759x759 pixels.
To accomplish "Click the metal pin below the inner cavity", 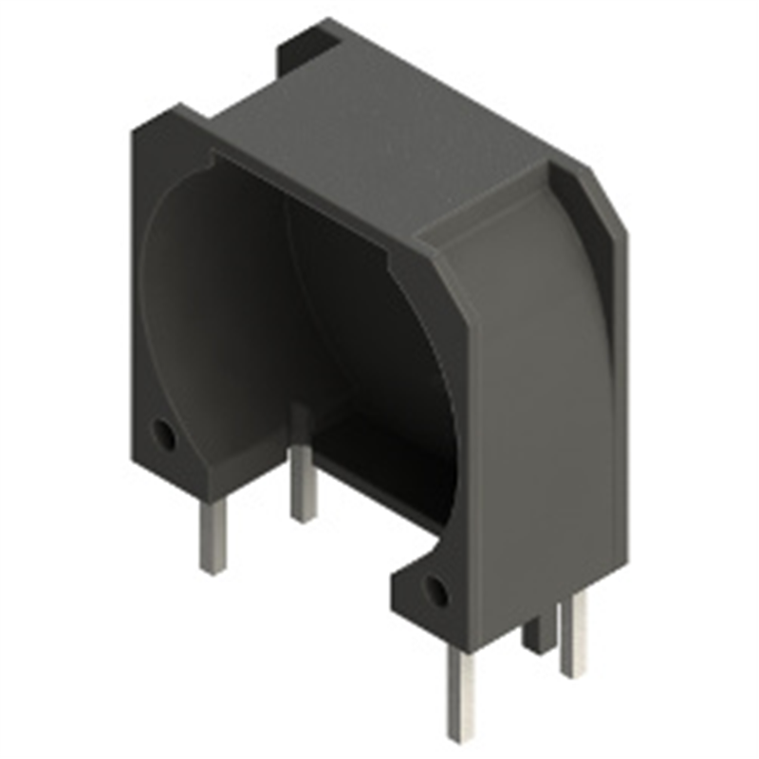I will [303, 479].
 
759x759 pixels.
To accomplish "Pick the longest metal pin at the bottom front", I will [462, 688].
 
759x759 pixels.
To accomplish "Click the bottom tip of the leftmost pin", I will [213, 569].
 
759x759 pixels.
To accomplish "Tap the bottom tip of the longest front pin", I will [462, 736].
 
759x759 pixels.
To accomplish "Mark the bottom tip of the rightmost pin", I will [573, 672].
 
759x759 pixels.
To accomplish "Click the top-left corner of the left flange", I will [138, 128].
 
